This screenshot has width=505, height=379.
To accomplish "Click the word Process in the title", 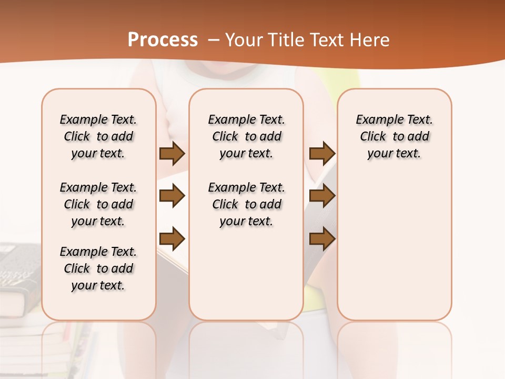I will point(163,40).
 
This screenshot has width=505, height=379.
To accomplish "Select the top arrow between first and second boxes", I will point(172,153).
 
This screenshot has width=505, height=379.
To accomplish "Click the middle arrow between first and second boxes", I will point(172,196).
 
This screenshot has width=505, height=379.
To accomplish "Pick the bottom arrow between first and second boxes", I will point(172,239).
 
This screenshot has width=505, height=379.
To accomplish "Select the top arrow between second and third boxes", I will point(322,153).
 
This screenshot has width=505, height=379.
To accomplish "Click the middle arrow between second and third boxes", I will point(322,196).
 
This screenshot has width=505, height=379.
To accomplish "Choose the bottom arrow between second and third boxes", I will point(322,239).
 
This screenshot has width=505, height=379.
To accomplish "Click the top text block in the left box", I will point(98,136).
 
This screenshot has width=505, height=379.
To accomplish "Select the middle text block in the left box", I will point(98,204).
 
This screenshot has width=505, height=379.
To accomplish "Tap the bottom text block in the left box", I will point(98,268).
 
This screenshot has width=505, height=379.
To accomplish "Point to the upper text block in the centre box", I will point(246,136).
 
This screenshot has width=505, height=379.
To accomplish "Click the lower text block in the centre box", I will point(246,204).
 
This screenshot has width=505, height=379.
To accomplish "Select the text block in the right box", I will point(395,136).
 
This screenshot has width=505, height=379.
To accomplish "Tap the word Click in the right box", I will point(373,137).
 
